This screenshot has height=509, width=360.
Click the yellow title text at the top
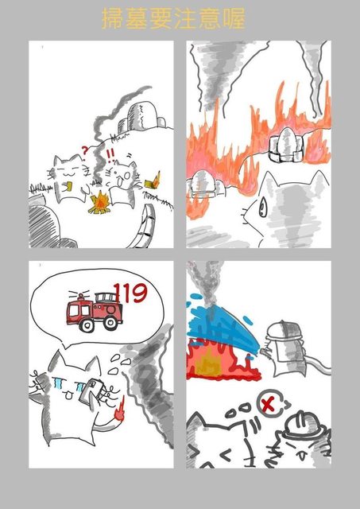[173, 18]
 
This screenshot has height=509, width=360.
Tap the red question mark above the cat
[84, 151]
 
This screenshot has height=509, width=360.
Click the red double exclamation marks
[110, 155]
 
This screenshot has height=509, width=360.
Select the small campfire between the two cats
[100, 203]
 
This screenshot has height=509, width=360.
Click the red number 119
[130, 293]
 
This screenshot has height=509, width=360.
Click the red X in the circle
[268, 405]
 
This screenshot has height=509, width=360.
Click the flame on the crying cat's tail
[120, 409]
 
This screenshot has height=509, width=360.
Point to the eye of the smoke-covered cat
[262, 208]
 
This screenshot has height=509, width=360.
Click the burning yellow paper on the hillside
[152, 182]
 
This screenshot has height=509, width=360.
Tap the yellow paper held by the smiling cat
[68, 186]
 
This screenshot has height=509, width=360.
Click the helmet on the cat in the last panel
[304, 423]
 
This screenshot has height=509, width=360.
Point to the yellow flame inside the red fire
[208, 363]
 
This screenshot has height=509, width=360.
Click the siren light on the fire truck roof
[80, 297]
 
